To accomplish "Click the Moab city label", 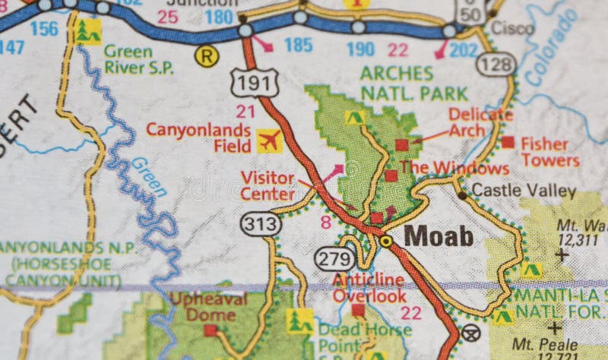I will click(x=439, y=236).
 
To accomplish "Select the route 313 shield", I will click(x=261, y=224).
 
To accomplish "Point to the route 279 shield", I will click(x=334, y=259).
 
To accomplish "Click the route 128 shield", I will click(x=496, y=64).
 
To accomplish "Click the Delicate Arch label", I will click(x=480, y=122).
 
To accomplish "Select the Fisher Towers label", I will click(x=549, y=152).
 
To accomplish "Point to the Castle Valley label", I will click(x=524, y=191).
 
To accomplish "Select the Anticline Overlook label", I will click(x=369, y=287).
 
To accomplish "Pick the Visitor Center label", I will click(x=268, y=185).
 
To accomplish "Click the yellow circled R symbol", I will click(x=205, y=55).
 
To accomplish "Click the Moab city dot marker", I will click(x=386, y=241).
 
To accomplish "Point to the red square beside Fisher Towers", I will click(x=508, y=142).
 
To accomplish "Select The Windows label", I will click(x=454, y=168).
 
